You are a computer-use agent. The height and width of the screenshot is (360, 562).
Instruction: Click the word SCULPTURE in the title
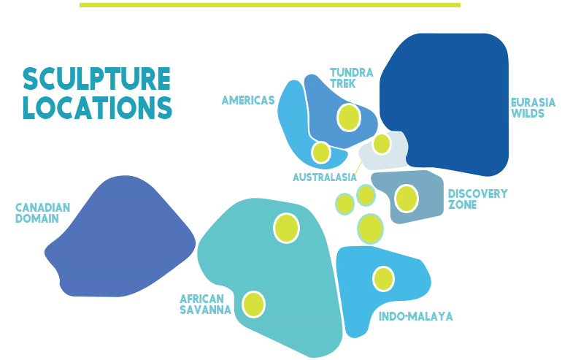[96, 79]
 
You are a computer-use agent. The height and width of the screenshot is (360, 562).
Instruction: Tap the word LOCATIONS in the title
[98, 107]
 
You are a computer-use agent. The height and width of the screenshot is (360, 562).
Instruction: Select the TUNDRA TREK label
[352, 78]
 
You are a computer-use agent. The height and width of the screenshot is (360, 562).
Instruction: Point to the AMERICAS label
[248, 100]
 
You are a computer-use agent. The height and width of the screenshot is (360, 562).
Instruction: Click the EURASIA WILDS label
[533, 108]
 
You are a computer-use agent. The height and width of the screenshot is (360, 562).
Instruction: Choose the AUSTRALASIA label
[325, 177]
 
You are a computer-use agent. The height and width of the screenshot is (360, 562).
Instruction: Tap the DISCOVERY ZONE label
[478, 199]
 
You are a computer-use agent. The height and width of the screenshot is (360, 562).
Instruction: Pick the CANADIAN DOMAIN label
[42, 213]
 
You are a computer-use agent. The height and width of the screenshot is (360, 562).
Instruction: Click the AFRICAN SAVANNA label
[205, 305]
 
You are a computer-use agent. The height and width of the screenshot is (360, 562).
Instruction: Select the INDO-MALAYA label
[416, 316]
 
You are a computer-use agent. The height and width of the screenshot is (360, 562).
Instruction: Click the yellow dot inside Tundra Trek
[349, 118]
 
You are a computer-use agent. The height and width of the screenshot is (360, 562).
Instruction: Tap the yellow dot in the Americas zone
[321, 153]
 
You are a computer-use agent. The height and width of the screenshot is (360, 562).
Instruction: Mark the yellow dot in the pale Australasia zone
[382, 144]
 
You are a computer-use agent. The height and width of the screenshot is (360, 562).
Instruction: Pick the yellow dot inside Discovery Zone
[407, 199]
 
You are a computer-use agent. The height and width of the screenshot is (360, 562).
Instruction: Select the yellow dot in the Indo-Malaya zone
[383, 279]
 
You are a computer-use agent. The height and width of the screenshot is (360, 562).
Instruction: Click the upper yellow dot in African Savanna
[286, 229]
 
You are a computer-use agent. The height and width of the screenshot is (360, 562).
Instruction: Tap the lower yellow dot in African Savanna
[254, 305]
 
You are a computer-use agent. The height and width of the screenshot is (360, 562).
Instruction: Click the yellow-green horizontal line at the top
[270, 5]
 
